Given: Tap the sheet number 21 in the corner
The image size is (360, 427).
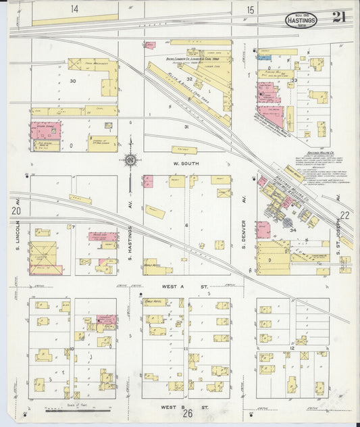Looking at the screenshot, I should (x=338, y=18).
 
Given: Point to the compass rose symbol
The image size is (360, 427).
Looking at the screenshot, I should (x=130, y=161).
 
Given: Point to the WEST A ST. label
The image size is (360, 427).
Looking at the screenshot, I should (x=184, y=288).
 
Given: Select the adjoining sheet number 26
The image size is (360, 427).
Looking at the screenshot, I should (x=187, y=413).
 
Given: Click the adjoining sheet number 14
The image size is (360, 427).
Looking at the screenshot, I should (x=73, y=9).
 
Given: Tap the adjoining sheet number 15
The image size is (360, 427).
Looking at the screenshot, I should (x=250, y=9).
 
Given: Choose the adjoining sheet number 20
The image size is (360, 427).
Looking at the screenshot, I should (x=16, y=211).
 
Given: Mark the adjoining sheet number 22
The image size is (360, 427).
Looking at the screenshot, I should (x=344, y=214).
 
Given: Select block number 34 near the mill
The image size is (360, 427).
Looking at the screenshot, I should (x=293, y=230).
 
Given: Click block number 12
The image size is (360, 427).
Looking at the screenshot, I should (x=292, y=347).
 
